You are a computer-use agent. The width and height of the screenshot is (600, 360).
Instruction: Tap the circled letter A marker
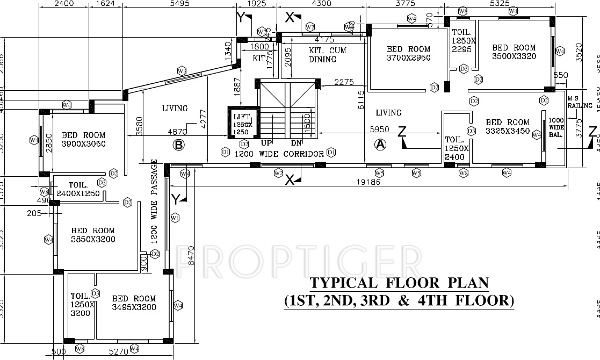(x=380, y=143)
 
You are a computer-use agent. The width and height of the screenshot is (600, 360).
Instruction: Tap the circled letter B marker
(x=178, y=144)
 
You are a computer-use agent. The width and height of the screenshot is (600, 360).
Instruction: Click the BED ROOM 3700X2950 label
(x=408, y=54)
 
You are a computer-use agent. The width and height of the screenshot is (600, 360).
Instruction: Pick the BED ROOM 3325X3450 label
(x=507, y=126)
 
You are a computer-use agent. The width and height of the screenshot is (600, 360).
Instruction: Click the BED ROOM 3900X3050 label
(x=83, y=139)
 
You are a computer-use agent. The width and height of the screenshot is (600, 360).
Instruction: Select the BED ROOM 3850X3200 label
(x=93, y=235)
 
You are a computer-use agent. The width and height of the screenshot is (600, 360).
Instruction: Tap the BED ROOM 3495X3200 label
(x=134, y=303)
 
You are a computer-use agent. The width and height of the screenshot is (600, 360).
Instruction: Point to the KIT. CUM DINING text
(x=327, y=55)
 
